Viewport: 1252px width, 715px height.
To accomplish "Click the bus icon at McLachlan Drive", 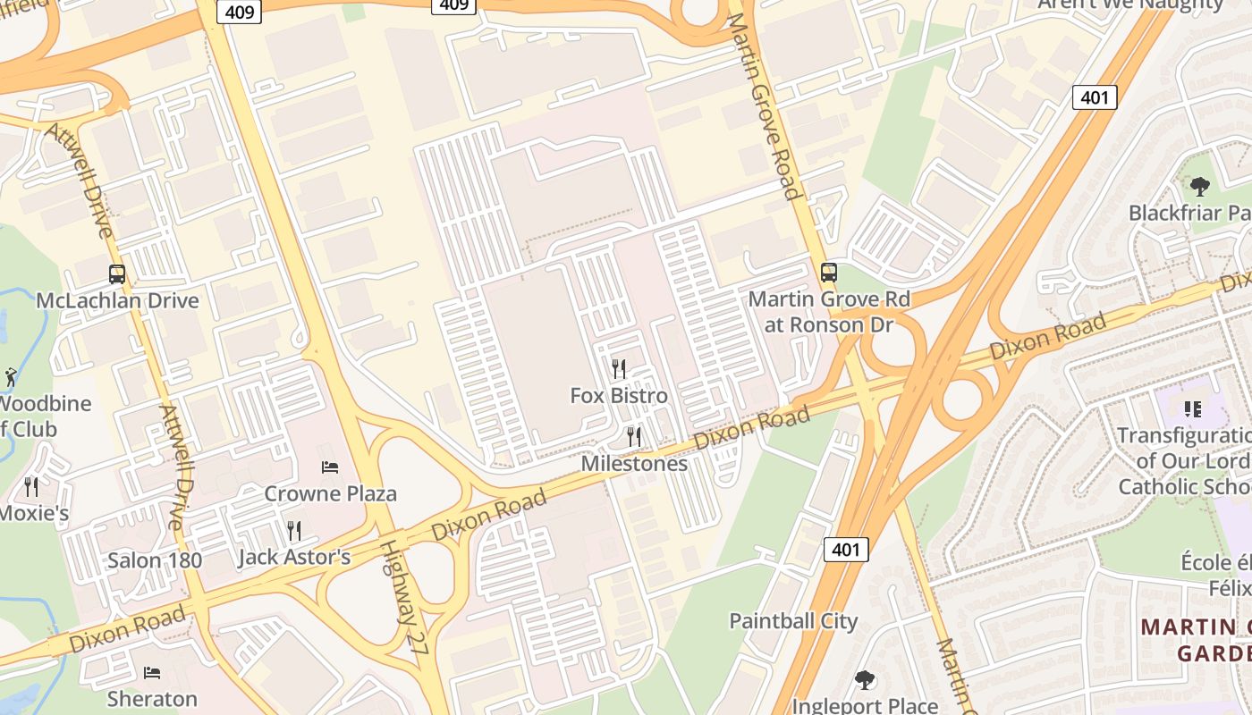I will tap(117, 274).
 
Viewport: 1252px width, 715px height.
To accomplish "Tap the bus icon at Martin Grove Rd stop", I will tap(829, 273).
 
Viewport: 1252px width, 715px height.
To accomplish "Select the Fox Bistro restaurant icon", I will tap(618, 368).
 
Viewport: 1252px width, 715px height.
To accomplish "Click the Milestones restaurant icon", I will tap(633, 436).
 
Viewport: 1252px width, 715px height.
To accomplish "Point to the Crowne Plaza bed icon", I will tap(330, 467).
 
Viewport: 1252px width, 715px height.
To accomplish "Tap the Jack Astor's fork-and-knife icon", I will tap(293, 531).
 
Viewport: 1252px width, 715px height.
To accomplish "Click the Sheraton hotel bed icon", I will tap(152, 672).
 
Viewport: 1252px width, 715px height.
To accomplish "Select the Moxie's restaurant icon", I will tap(31, 486).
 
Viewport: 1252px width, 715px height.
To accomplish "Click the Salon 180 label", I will tap(155, 561).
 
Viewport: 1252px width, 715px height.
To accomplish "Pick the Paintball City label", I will tap(793, 621).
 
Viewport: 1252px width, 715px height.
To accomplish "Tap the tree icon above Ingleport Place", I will tap(864, 680).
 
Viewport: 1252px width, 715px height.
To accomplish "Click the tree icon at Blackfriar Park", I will tap(1199, 187).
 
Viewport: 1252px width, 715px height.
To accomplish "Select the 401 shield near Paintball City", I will tap(846, 550).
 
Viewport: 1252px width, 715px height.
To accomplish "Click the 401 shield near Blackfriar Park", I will tap(1095, 97).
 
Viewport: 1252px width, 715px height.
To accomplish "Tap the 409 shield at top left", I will tap(240, 11).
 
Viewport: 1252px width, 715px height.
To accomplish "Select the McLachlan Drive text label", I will tap(117, 300).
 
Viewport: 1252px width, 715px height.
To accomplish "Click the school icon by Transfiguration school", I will tap(1192, 409).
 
